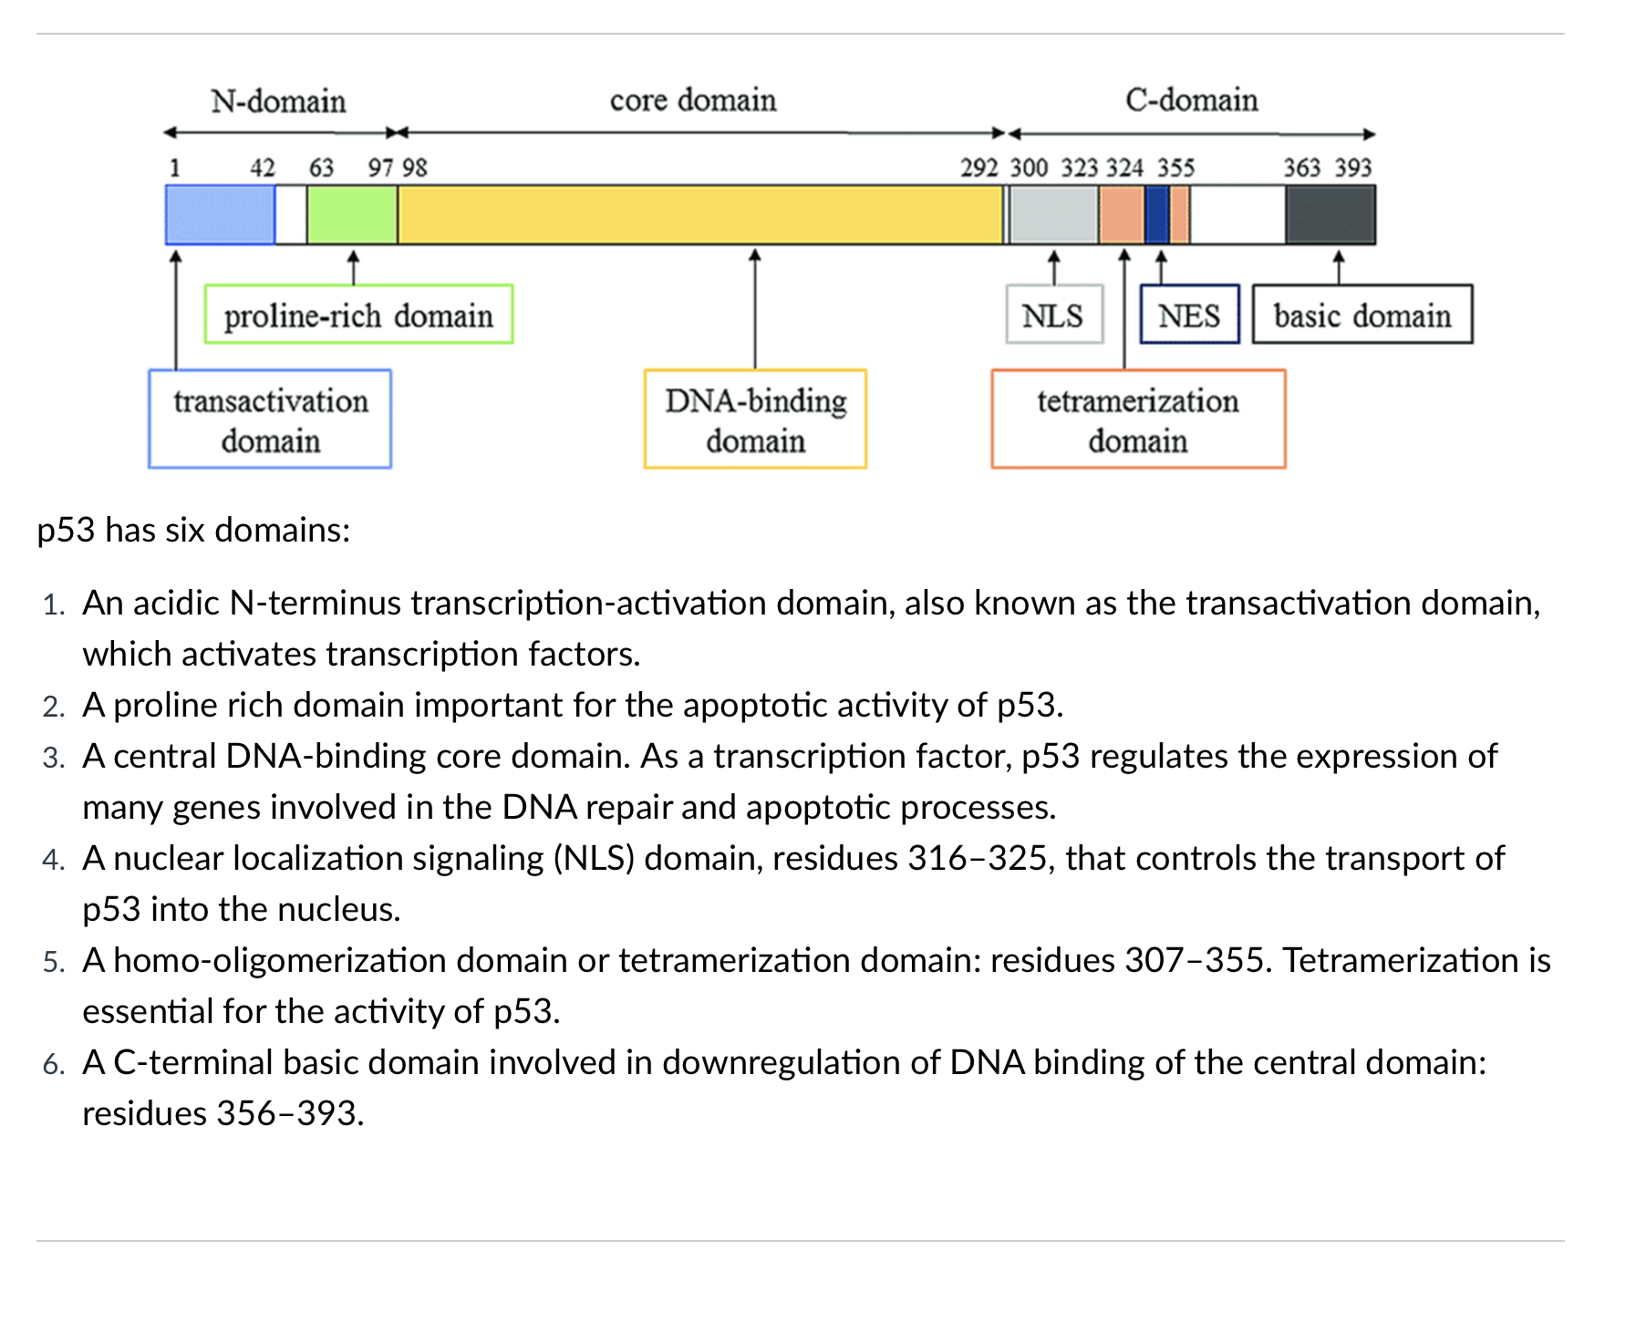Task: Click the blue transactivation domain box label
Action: click(x=270, y=419)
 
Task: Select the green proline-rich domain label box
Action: click(x=358, y=315)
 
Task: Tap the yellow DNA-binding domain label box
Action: click(x=755, y=419)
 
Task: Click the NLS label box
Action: click(x=1053, y=315)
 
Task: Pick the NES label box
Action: click(x=1189, y=315)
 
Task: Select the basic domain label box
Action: click(x=1362, y=315)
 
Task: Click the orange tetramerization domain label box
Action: click(x=1138, y=419)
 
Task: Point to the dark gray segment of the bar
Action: click(x=1330, y=215)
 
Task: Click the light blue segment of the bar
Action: click(x=220, y=215)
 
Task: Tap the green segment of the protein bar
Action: click(x=352, y=215)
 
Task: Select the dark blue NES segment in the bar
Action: click(x=1156, y=215)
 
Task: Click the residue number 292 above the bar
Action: click(x=978, y=168)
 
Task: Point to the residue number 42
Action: click(x=263, y=168)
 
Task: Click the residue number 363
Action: click(x=1301, y=168)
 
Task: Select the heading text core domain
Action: click(x=693, y=99)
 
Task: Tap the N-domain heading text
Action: click(x=278, y=100)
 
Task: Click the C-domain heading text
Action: click(x=1191, y=99)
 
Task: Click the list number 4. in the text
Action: click(x=54, y=859)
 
